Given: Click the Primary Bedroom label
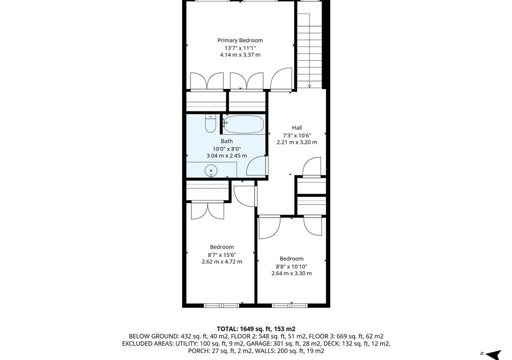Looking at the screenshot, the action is [x=240, y=40].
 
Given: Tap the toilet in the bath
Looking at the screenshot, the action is [x=210, y=123].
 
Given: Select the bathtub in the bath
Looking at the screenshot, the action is [x=244, y=124].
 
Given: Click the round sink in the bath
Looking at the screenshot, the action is [x=211, y=170].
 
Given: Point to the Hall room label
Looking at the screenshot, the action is [x=297, y=127].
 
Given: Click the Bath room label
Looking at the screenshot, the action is [x=226, y=141].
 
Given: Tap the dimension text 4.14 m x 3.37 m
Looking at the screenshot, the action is [x=240, y=55].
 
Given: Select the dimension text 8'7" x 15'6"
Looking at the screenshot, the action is [x=221, y=255].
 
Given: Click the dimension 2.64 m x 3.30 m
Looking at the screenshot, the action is [x=291, y=273].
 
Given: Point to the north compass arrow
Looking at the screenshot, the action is [x=493, y=354].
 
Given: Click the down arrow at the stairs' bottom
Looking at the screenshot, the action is [x=309, y=85].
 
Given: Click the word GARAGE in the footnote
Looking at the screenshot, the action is [x=257, y=343].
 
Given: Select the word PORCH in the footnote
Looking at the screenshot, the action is [x=197, y=351].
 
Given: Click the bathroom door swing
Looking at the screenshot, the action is [x=256, y=166].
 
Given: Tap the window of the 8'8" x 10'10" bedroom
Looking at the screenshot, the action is [x=290, y=305].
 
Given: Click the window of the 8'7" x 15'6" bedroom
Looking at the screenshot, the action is [x=221, y=305].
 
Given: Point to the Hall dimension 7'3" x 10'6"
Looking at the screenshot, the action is [x=297, y=135].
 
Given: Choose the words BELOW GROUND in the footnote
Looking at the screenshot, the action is [x=153, y=336].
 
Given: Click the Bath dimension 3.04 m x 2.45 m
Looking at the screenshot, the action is [x=226, y=156].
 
